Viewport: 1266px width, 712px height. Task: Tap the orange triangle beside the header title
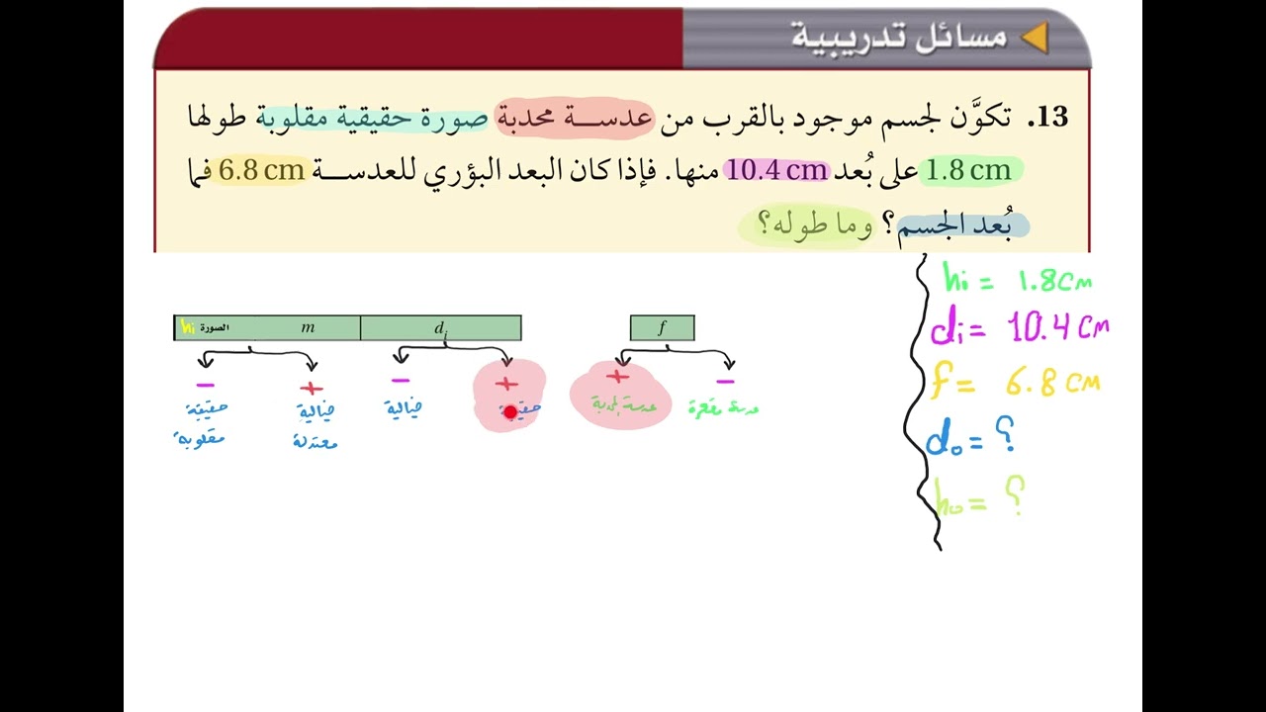coord(1034,38)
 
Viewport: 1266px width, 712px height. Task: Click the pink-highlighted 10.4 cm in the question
coord(776,170)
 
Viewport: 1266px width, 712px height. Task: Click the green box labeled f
coord(662,327)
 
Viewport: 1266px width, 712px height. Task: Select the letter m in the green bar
coord(308,327)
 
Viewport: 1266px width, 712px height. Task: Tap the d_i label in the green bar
coord(441,328)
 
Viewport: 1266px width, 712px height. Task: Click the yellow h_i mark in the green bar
coord(187,327)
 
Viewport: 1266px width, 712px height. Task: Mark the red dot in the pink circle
coord(510,411)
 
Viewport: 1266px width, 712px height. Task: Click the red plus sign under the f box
coord(618,377)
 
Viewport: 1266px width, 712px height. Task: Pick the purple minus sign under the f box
coord(725,381)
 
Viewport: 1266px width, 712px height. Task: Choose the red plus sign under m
coord(311,389)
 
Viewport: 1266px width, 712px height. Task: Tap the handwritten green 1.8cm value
coord(1054,282)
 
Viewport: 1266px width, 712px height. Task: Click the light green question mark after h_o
coord(1014,494)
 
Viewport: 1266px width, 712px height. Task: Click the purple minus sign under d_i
coord(401,380)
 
